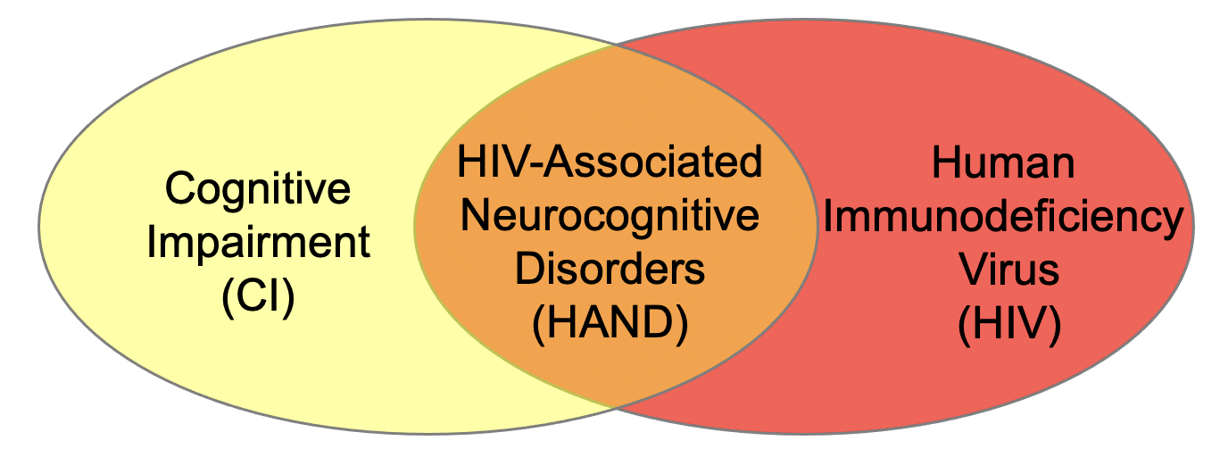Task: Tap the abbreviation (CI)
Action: [x=258, y=297]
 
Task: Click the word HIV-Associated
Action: [x=610, y=162]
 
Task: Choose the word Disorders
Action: [x=610, y=269]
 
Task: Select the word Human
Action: [x=1003, y=162]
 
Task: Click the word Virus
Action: [x=1008, y=269]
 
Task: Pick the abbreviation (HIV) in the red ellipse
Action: [x=1009, y=324]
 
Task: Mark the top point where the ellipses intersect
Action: [x=615, y=45]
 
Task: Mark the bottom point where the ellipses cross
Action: [x=615, y=408]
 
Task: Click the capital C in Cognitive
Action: [x=180, y=188]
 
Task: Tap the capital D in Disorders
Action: [x=529, y=269]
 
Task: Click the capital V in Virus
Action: [x=974, y=269]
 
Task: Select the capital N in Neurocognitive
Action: [x=474, y=215]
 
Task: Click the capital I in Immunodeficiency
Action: [x=827, y=216]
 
